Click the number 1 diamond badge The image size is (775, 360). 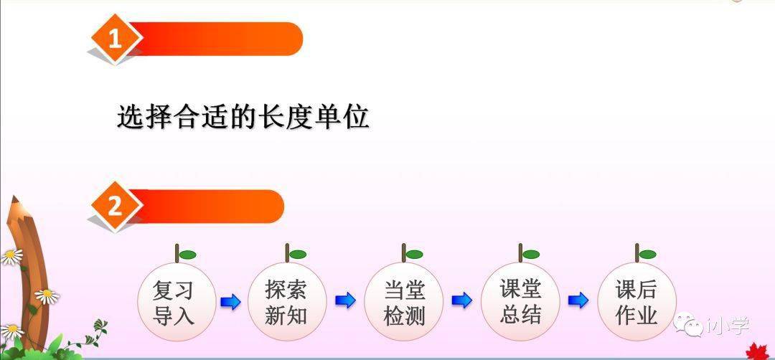click(115, 38)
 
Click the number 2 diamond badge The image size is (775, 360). click(115, 206)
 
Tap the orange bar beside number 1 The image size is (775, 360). click(217, 39)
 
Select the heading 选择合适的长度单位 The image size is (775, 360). click(243, 117)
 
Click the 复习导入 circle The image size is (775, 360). click(177, 302)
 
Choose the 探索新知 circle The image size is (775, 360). click(286, 302)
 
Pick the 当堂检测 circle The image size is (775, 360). click(403, 302)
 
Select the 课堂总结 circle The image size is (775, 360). click(520, 302)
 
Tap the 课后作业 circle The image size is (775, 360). click(637, 302)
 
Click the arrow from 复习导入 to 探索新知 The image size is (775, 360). click(230, 301)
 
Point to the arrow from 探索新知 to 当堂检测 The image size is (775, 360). click(345, 300)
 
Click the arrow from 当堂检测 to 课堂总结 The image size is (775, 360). click(461, 300)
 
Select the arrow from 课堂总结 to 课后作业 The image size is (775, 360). click(578, 300)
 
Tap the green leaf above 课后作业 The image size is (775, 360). click(647, 255)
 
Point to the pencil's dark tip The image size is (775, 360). click(14, 199)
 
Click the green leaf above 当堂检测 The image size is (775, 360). click(414, 255)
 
